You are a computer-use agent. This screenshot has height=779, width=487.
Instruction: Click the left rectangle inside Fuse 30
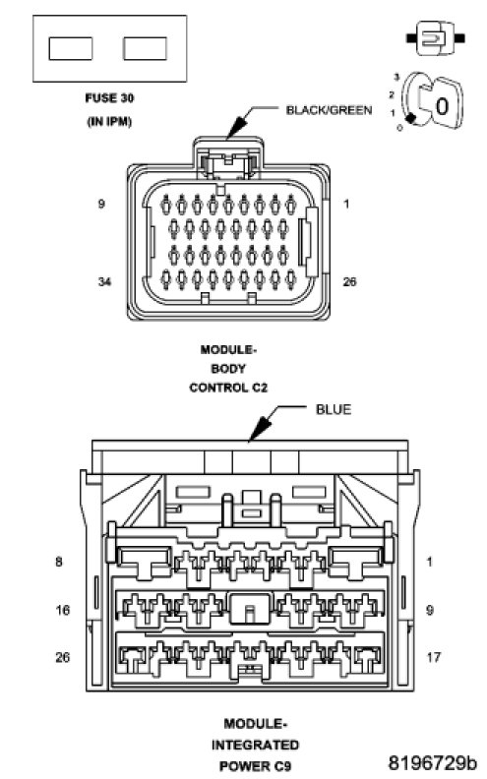pos(71,49)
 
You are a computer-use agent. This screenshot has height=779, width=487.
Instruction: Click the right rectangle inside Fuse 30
pos(145,49)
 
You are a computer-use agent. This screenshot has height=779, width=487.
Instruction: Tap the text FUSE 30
pos(109,98)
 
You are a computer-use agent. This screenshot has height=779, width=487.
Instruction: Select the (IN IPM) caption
pos(109,121)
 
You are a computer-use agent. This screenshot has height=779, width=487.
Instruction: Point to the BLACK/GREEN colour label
pos(329,110)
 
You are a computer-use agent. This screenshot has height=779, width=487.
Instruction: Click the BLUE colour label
pos(334,409)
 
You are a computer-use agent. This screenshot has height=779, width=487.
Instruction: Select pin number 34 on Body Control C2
pos(104,281)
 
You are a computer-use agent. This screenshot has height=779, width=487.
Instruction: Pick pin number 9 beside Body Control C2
pos(101,204)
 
